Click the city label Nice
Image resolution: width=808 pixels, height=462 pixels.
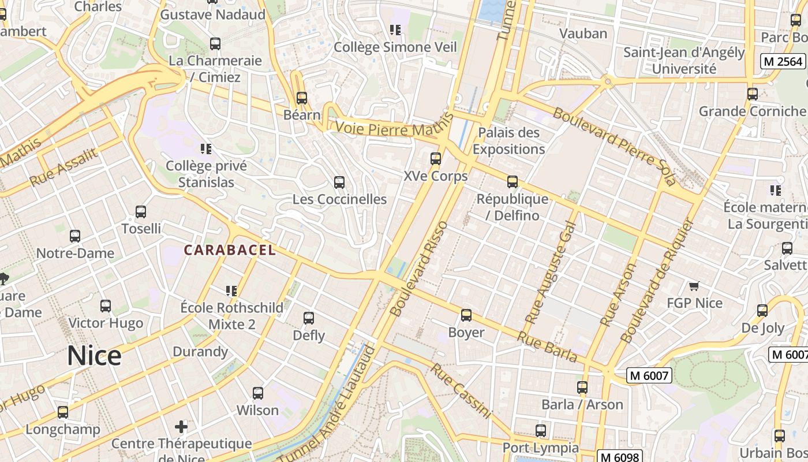(x=94, y=356)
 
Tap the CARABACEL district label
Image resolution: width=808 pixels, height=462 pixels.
(x=230, y=250)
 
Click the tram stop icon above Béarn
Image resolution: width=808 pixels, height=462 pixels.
(x=301, y=98)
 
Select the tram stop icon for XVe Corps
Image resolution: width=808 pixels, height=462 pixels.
(x=436, y=158)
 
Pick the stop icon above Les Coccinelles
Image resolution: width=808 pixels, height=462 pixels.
(x=339, y=182)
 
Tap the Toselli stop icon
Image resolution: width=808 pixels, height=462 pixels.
(x=141, y=212)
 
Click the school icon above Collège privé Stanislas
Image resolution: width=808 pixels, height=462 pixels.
(x=206, y=149)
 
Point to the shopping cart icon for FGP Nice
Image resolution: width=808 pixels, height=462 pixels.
(x=694, y=286)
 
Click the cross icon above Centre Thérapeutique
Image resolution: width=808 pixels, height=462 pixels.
(x=181, y=427)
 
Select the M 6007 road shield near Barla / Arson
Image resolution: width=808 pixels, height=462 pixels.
(x=649, y=376)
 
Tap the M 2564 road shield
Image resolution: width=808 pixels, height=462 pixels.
(x=783, y=61)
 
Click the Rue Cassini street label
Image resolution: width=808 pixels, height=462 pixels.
(x=461, y=391)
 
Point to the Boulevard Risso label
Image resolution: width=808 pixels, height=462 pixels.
(x=419, y=269)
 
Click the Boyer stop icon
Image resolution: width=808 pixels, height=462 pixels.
(x=466, y=315)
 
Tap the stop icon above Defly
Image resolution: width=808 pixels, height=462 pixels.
(x=309, y=318)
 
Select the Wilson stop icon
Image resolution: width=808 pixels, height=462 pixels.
(x=258, y=393)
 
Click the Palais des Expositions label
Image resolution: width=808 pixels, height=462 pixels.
(x=509, y=141)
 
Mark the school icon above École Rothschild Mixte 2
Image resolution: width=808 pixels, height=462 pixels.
(x=231, y=290)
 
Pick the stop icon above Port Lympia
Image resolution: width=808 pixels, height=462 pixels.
(x=540, y=430)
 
